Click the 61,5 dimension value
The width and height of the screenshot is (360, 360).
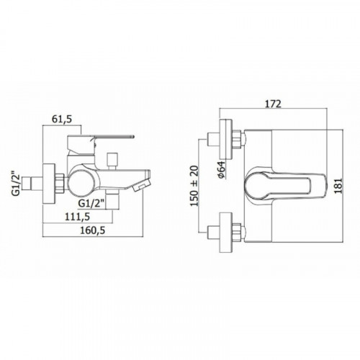click(62, 120)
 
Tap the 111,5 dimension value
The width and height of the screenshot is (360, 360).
click(77, 217)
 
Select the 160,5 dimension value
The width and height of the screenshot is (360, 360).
click(93, 230)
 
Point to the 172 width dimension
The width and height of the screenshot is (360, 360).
click(273, 104)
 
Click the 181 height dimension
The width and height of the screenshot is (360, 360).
click(338, 186)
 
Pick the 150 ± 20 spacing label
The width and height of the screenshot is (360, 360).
click(194, 186)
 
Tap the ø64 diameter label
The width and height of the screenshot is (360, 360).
click(221, 170)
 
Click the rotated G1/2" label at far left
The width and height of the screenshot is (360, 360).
click(17, 184)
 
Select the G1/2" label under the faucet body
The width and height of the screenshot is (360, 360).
click(91, 204)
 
